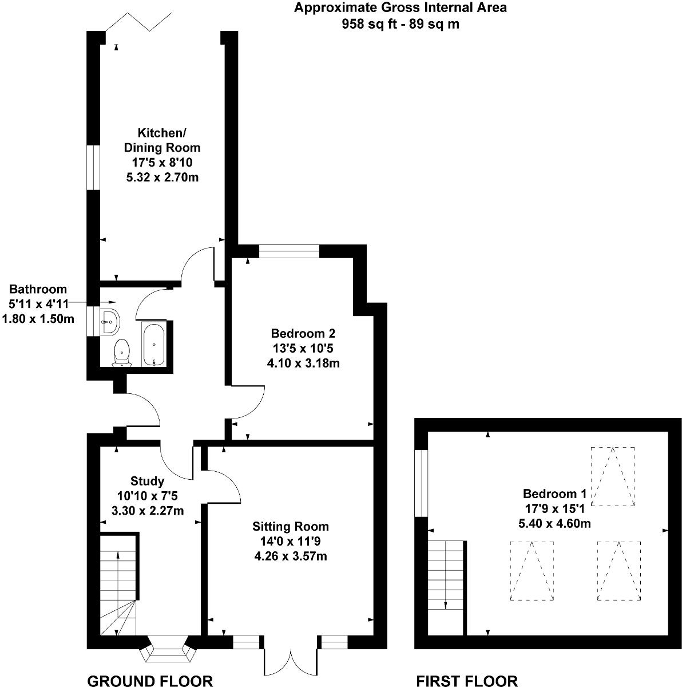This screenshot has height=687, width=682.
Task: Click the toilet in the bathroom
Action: point(122,352)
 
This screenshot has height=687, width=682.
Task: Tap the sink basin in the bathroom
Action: point(109,322)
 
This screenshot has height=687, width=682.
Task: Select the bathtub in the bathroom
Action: point(154,343)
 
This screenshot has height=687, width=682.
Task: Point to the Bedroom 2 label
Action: point(303,348)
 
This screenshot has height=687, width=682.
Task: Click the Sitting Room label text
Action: point(291,540)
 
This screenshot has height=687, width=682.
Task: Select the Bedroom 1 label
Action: point(555,508)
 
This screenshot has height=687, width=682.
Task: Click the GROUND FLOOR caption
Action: point(150,680)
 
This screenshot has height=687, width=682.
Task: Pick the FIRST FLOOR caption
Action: point(466,680)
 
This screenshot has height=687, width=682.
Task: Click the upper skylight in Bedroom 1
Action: point(612,476)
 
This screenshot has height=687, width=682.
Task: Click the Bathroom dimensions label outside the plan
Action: point(38,304)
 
